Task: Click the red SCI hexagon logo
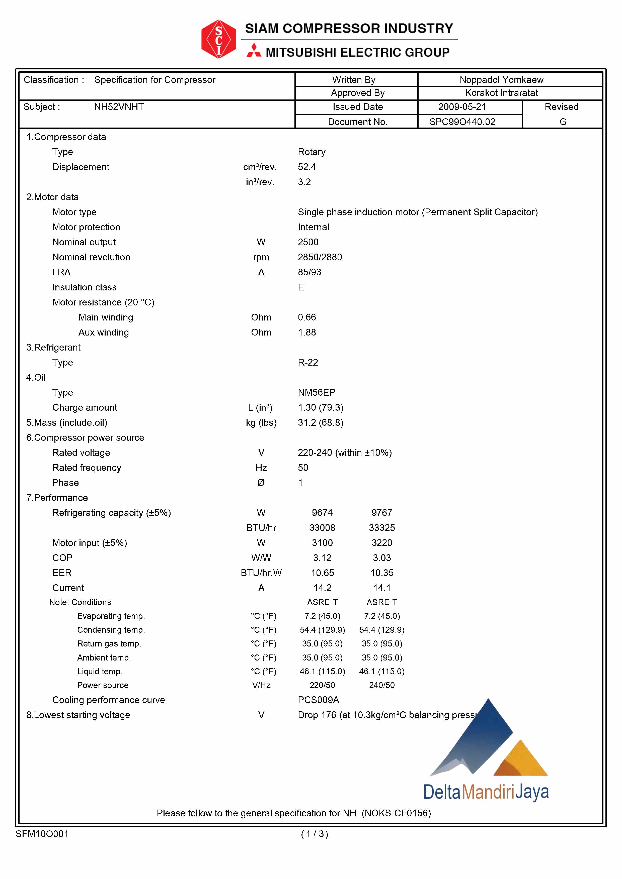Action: coord(218,39)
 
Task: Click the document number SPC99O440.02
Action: coord(462,122)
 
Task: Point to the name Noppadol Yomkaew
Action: coord(501,80)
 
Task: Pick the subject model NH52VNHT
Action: coord(119,107)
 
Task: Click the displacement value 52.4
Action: coord(306,167)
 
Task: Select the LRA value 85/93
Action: coord(309,272)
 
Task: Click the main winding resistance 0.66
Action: coord(306,317)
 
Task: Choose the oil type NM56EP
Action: coord(316,392)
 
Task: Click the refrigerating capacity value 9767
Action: coord(382,513)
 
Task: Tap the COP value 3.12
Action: coord(322,558)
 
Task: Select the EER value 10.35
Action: coord(382,573)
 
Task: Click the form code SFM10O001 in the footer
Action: coord(42,834)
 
